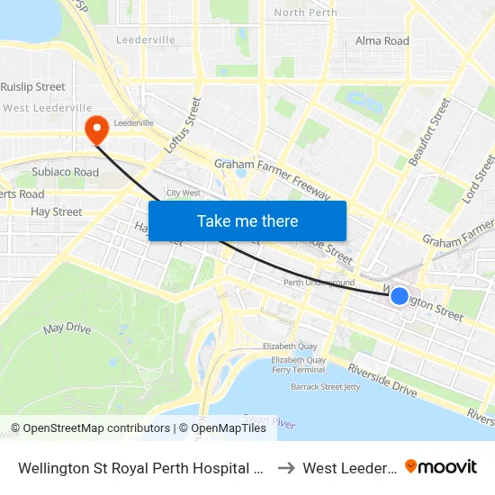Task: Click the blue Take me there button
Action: coord(247,220)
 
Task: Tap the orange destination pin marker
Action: coord(95,130)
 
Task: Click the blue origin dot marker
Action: coord(400,296)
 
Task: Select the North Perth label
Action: coord(305,13)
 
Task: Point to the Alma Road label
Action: coord(382,40)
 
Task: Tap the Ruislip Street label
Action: coord(33,87)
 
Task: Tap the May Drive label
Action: coord(67,328)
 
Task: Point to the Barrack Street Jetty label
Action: coord(325,387)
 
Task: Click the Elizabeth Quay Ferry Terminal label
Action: coord(298,364)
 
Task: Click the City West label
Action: coord(183,193)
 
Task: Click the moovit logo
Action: coord(440,466)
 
